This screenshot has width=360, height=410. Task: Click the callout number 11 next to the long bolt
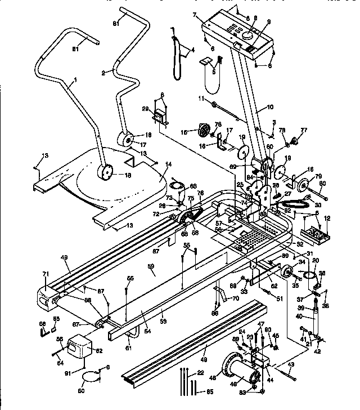199,99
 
